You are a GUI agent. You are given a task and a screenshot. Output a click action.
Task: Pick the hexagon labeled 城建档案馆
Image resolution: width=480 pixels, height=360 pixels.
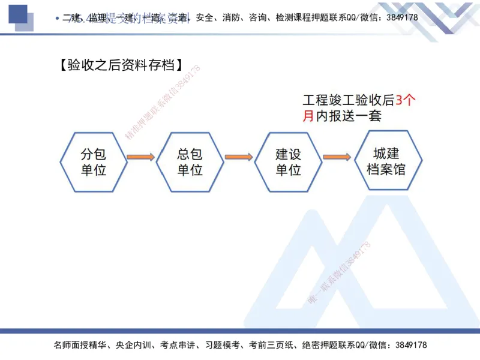pos(386,160)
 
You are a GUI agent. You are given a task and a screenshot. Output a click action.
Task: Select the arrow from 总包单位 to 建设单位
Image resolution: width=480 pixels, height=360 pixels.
pos(239,158)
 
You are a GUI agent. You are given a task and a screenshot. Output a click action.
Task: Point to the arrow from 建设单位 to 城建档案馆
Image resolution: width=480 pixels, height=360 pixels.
pos(337,158)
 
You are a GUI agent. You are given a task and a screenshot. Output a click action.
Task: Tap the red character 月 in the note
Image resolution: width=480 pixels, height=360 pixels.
pos(308,116)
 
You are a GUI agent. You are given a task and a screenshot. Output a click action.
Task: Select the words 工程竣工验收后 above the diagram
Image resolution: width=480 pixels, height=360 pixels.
pos(349,100)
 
